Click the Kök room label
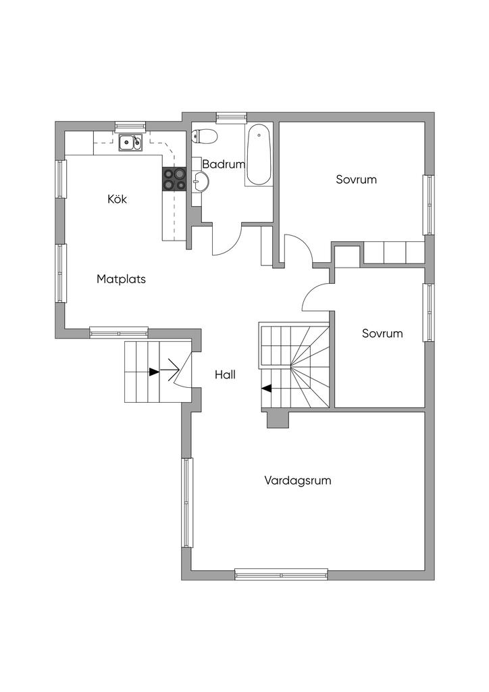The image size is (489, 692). pos(118,199)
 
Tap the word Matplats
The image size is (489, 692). pos(122,279)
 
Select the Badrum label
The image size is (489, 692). pos(224,164)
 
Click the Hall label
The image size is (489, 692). pos(226,374)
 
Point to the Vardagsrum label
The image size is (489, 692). pos(298,480)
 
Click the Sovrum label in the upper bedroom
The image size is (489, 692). pos(356,179)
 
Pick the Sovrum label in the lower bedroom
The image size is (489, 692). pos(382,333)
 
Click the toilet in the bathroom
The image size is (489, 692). pos(205,136)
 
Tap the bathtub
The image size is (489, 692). pos(259,155)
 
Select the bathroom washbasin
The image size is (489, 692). pos(201,182)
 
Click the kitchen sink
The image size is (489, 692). pos(131,142)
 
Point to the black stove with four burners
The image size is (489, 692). pos(175,179)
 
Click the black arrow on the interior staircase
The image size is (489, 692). pos(266,389)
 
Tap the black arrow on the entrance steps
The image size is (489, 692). pos(154,372)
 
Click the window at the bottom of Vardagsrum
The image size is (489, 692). pos(281,574)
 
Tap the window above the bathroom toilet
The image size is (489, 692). pos(232,117)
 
